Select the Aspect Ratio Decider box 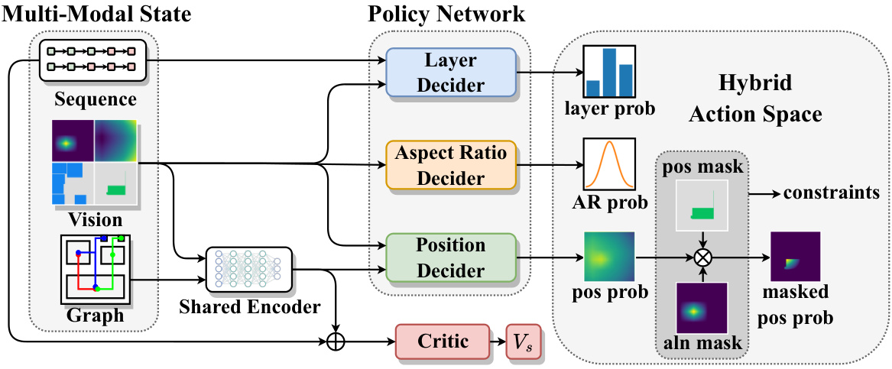(x=450, y=165)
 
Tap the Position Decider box (x=450, y=258)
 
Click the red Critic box (x=442, y=341)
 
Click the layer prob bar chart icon (x=609, y=71)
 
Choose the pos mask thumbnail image (x=702, y=206)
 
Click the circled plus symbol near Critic (x=336, y=341)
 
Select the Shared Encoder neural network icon (x=248, y=269)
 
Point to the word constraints (x=831, y=193)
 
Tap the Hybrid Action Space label (x=754, y=99)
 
